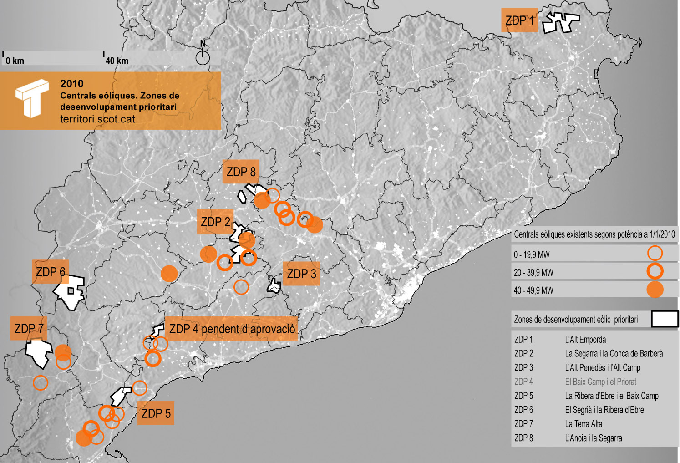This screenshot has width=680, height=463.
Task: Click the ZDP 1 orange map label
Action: pos(519,20)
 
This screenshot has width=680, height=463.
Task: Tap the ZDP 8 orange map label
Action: pos(241,172)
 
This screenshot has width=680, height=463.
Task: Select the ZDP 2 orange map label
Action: pos(215,222)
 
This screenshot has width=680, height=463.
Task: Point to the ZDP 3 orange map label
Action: pos(301,274)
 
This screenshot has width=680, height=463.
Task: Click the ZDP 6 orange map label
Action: pos(50,272)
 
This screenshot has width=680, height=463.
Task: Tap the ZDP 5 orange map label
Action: pos(156,413)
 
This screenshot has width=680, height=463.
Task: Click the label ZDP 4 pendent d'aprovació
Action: pos(232,329)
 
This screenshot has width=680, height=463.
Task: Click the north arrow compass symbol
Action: pos(203,56)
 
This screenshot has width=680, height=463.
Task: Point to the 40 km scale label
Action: pos(117,61)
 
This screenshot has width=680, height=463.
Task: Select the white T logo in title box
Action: pos(31,98)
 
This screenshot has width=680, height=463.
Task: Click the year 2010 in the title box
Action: pos(72,84)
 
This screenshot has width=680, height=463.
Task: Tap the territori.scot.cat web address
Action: pos(97,119)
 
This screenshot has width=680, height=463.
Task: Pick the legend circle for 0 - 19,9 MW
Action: pos(655,253)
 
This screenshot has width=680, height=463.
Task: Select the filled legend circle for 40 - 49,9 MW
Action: pos(655,290)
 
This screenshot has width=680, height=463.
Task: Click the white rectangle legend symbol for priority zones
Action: pos(665,319)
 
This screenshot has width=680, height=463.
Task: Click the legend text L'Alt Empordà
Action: pos(585,340)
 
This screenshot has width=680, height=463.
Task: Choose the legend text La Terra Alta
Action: pos(584,424)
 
